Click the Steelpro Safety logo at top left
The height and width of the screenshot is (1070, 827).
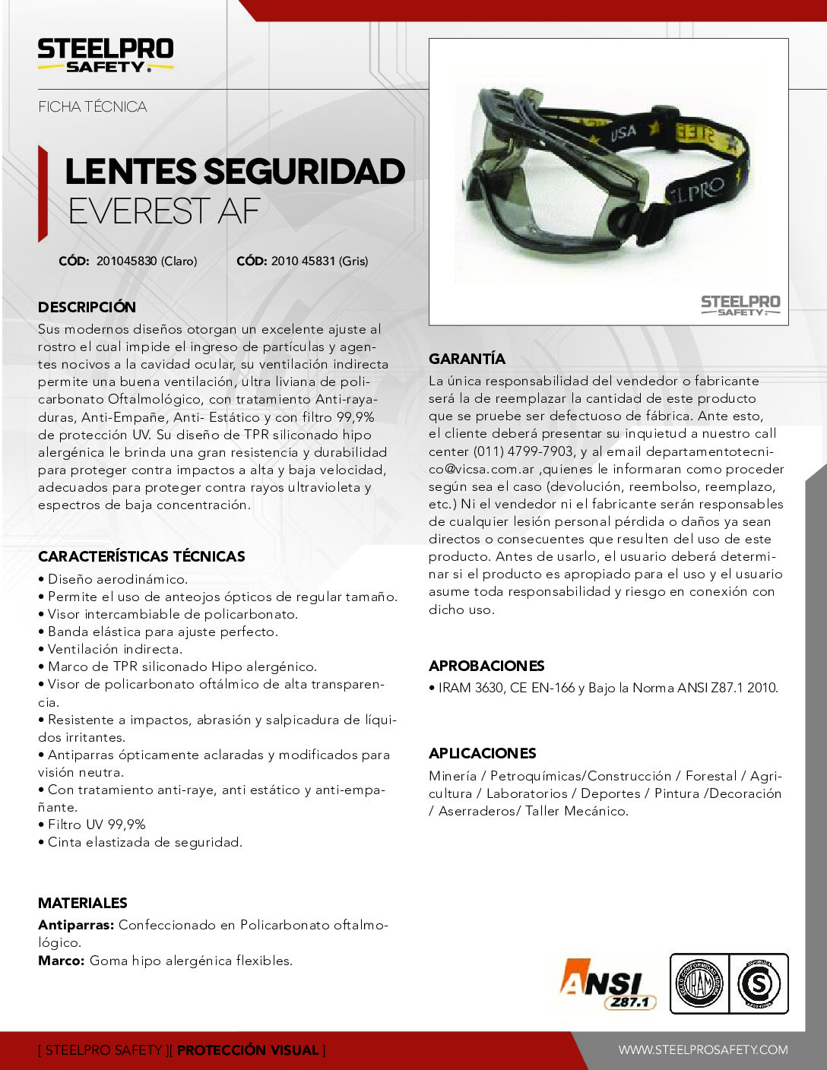(106, 55)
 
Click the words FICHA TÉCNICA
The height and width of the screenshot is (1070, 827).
(93, 107)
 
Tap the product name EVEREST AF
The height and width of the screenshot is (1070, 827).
(164, 211)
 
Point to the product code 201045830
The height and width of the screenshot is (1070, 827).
(126, 261)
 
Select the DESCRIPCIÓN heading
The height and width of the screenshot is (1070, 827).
(87, 307)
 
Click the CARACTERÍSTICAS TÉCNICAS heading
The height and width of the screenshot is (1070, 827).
(141, 556)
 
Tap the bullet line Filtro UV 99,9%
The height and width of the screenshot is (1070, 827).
(97, 825)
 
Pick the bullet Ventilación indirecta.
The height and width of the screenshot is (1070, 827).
(115, 649)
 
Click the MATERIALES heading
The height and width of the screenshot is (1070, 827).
(83, 903)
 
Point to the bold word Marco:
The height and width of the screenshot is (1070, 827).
(62, 961)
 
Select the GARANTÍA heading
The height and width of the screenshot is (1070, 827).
(467, 359)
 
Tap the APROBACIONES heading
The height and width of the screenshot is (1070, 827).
(486, 666)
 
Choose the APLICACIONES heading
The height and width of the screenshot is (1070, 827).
(483, 753)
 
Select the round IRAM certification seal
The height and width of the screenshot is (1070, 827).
(699, 984)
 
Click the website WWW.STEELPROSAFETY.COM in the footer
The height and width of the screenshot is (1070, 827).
(703, 1050)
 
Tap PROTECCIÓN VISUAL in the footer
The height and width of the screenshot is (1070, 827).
(248, 1050)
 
